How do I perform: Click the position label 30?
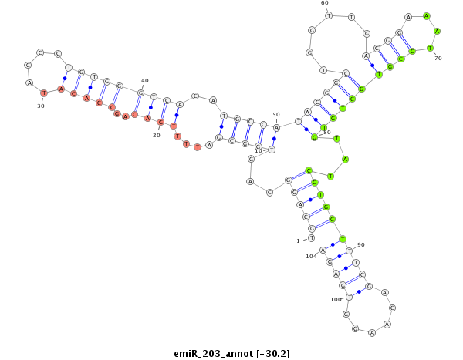[x=41, y=106]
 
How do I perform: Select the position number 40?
[x=145, y=81]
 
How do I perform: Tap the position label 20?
[x=156, y=135]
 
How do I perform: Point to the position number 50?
[x=276, y=115]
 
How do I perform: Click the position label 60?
[x=324, y=3]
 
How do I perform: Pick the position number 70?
[x=438, y=58]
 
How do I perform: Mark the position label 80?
[x=326, y=132]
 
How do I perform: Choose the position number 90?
[x=361, y=244]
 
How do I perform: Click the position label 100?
[x=336, y=299]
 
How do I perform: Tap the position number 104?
[x=311, y=256]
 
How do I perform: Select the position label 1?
[x=298, y=241]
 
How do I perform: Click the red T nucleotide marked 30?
[x=44, y=93]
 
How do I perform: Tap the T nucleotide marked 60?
[x=329, y=15]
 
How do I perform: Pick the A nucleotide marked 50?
[x=276, y=127]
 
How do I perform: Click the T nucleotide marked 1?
[x=311, y=239]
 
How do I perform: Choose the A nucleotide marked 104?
[x=323, y=250]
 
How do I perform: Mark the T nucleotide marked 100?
[x=350, y=296]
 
